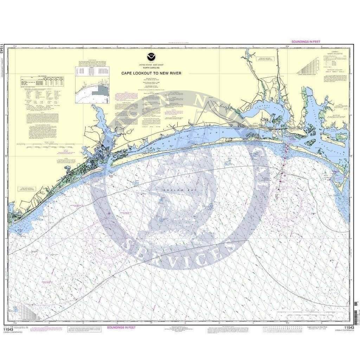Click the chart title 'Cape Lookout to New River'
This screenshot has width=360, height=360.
(x=152, y=73)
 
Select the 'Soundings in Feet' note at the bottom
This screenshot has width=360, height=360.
(x=121, y=327)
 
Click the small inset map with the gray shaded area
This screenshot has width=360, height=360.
(x=92, y=91)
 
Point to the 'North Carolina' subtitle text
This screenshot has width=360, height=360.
(x=152, y=68)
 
